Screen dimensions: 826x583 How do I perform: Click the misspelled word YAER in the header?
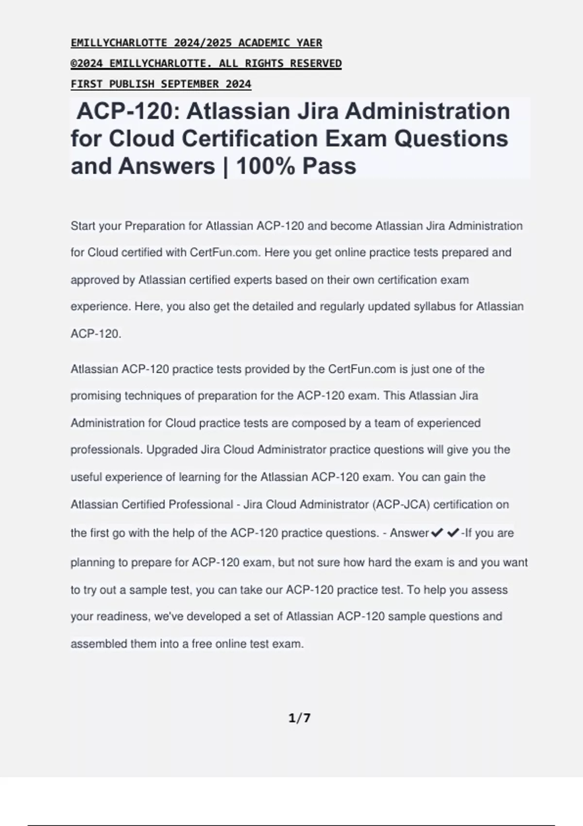tap(309, 43)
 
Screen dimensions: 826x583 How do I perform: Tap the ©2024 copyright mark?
tap(88, 63)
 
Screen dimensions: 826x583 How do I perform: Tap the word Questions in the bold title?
tap(451, 138)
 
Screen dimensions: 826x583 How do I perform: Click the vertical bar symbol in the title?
tap(225, 166)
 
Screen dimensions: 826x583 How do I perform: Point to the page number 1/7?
tap(299, 718)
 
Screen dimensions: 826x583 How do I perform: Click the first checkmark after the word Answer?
tap(437, 533)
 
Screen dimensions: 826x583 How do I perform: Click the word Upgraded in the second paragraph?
tap(172, 449)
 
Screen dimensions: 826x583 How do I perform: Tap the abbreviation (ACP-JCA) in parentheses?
tap(401, 504)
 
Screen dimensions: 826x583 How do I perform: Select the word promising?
tap(96, 396)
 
